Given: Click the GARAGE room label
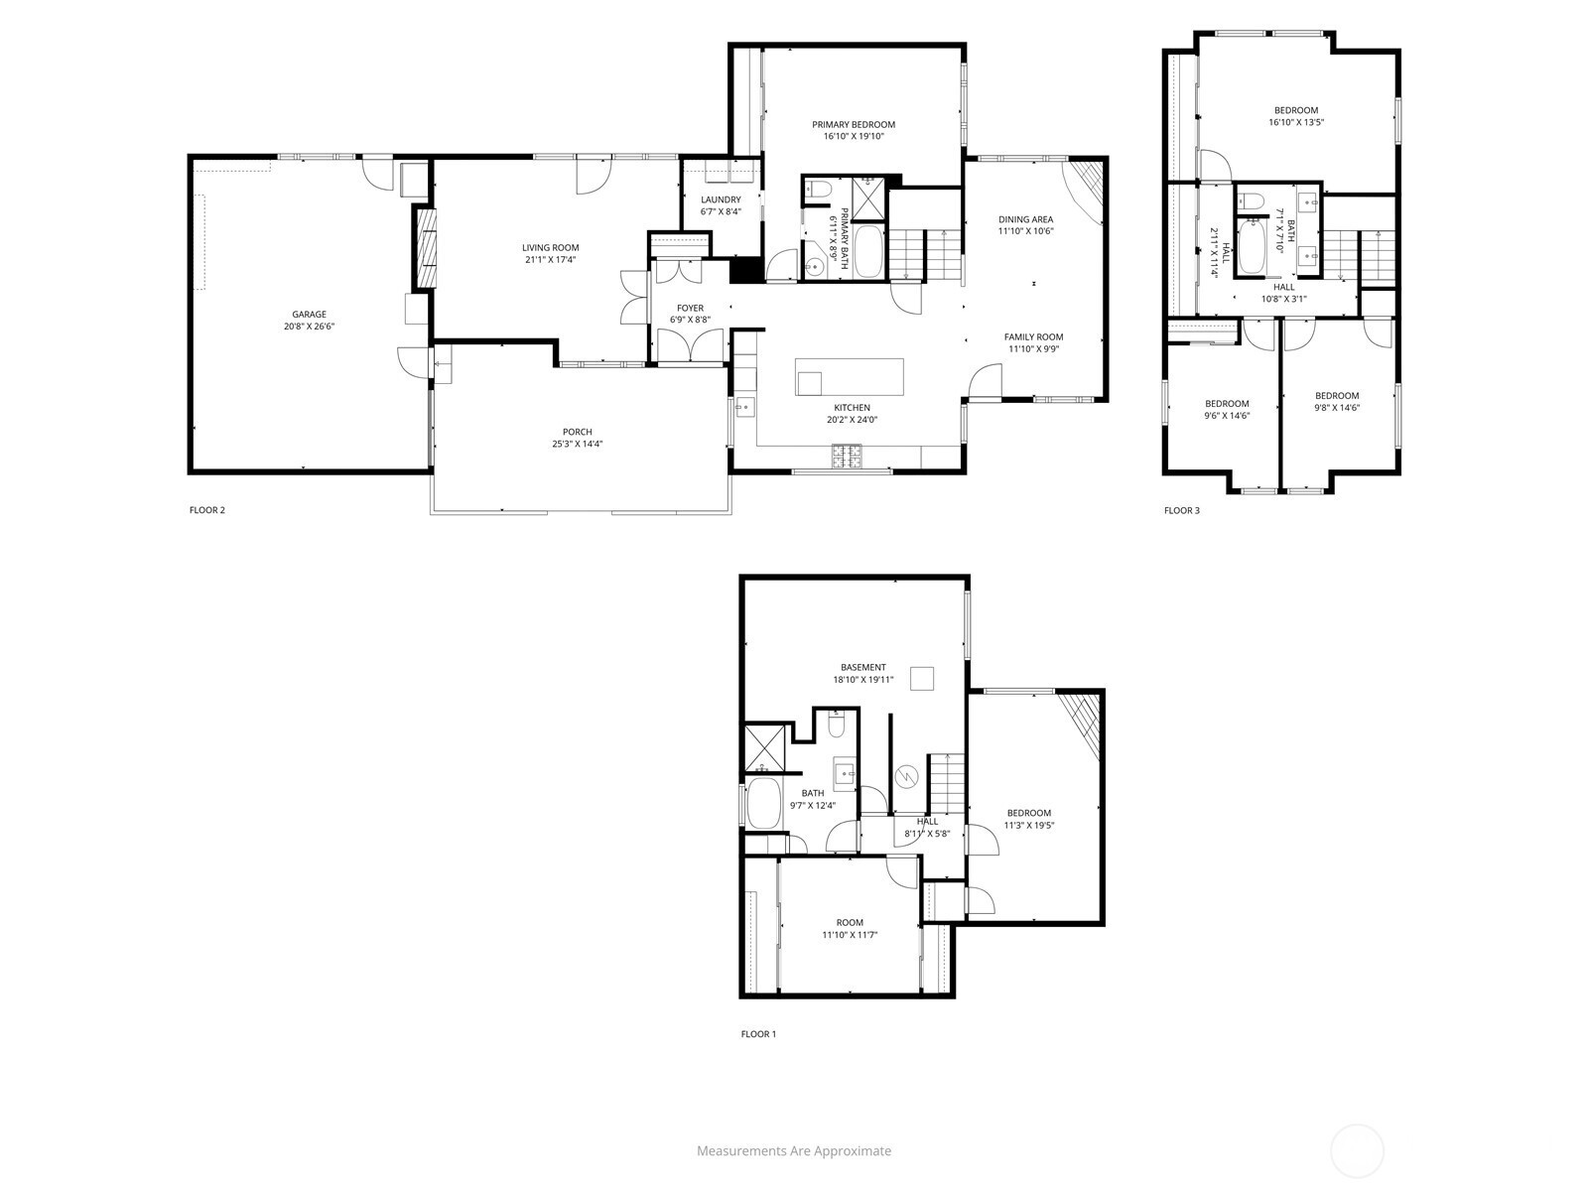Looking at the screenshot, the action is pyautogui.click(x=309, y=314).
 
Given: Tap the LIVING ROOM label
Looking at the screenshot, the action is pyautogui.click(x=551, y=247).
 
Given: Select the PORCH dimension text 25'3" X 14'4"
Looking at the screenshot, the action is pyautogui.click(x=578, y=444).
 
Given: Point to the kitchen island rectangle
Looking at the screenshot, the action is pyautogui.click(x=850, y=377).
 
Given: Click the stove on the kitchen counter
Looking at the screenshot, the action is pyautogui.click(x=846, y=456).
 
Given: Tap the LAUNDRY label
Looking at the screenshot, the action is pyautogui.click(x=721, y=199).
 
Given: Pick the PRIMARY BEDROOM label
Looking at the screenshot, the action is pyautogui.click(x=854, y=124).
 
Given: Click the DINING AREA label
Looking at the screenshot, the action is pyautogui.click(x=1026, y=219).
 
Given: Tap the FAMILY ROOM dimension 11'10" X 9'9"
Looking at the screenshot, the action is pyautogui.click(x=1033, y=348).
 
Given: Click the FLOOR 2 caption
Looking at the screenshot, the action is pyautogui.click(x=206, y=510).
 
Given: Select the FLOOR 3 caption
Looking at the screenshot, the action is pyautogui.click(x=1181, y=510).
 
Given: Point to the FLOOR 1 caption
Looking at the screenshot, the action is pyautogui.click(x=758, y=1034).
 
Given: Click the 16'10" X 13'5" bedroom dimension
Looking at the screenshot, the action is pyautogui.click(x=1296, y=122).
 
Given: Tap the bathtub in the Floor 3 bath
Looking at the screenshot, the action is pyautogui.click(x=1251, y=248).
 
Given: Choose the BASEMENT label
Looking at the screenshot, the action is pyautogui.click(x=863, y=667).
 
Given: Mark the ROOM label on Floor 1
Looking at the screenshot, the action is pyautogui.click(x=850, y=923).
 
